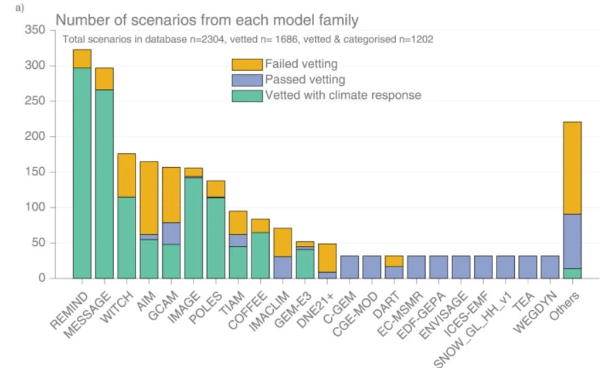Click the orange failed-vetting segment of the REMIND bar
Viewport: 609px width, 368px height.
pyautogui.click(x=82, y=59)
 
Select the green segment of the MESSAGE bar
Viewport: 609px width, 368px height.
pyautogui.click(x=104, y=184)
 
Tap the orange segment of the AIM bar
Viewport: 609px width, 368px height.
pyautogui.click(x=149, y=198)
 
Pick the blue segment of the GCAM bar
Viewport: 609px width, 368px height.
pyautogui.click(x=171, y=234)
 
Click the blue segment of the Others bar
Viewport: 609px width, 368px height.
pyautogui.click(x=572, y=241)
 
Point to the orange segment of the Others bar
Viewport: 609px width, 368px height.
pyautogui.click(x=572, y=168)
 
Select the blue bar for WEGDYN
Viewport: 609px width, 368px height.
pyautogui.click(x=550, y=267)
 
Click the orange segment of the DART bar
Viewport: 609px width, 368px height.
pyautogui.click(x=394, y=261)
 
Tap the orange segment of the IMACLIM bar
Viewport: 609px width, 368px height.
pyautogui.click(x=283, y=243)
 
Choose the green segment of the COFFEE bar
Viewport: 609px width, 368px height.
pyautogui.click(x=260, y=256)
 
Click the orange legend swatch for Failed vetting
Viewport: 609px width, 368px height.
pyautogui.click(x=247, y=65)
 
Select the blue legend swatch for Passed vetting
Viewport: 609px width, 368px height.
pyautogui.click(x=247, y=80)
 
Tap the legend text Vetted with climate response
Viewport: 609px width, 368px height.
pyautogui.click(x=343, y=95)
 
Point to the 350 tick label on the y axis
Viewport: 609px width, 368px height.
pyautogui.click(x=35, y=29)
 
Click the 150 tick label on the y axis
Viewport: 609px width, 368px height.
pyautogui.click(x=35, y=172)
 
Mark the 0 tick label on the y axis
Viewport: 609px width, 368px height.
pyautogui.click(x=42, y=278)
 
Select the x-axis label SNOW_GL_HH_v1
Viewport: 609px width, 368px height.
pyautogui.click(x=473, y=330)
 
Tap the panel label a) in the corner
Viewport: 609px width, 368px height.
pyautogui.click(x=20, y=7)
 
